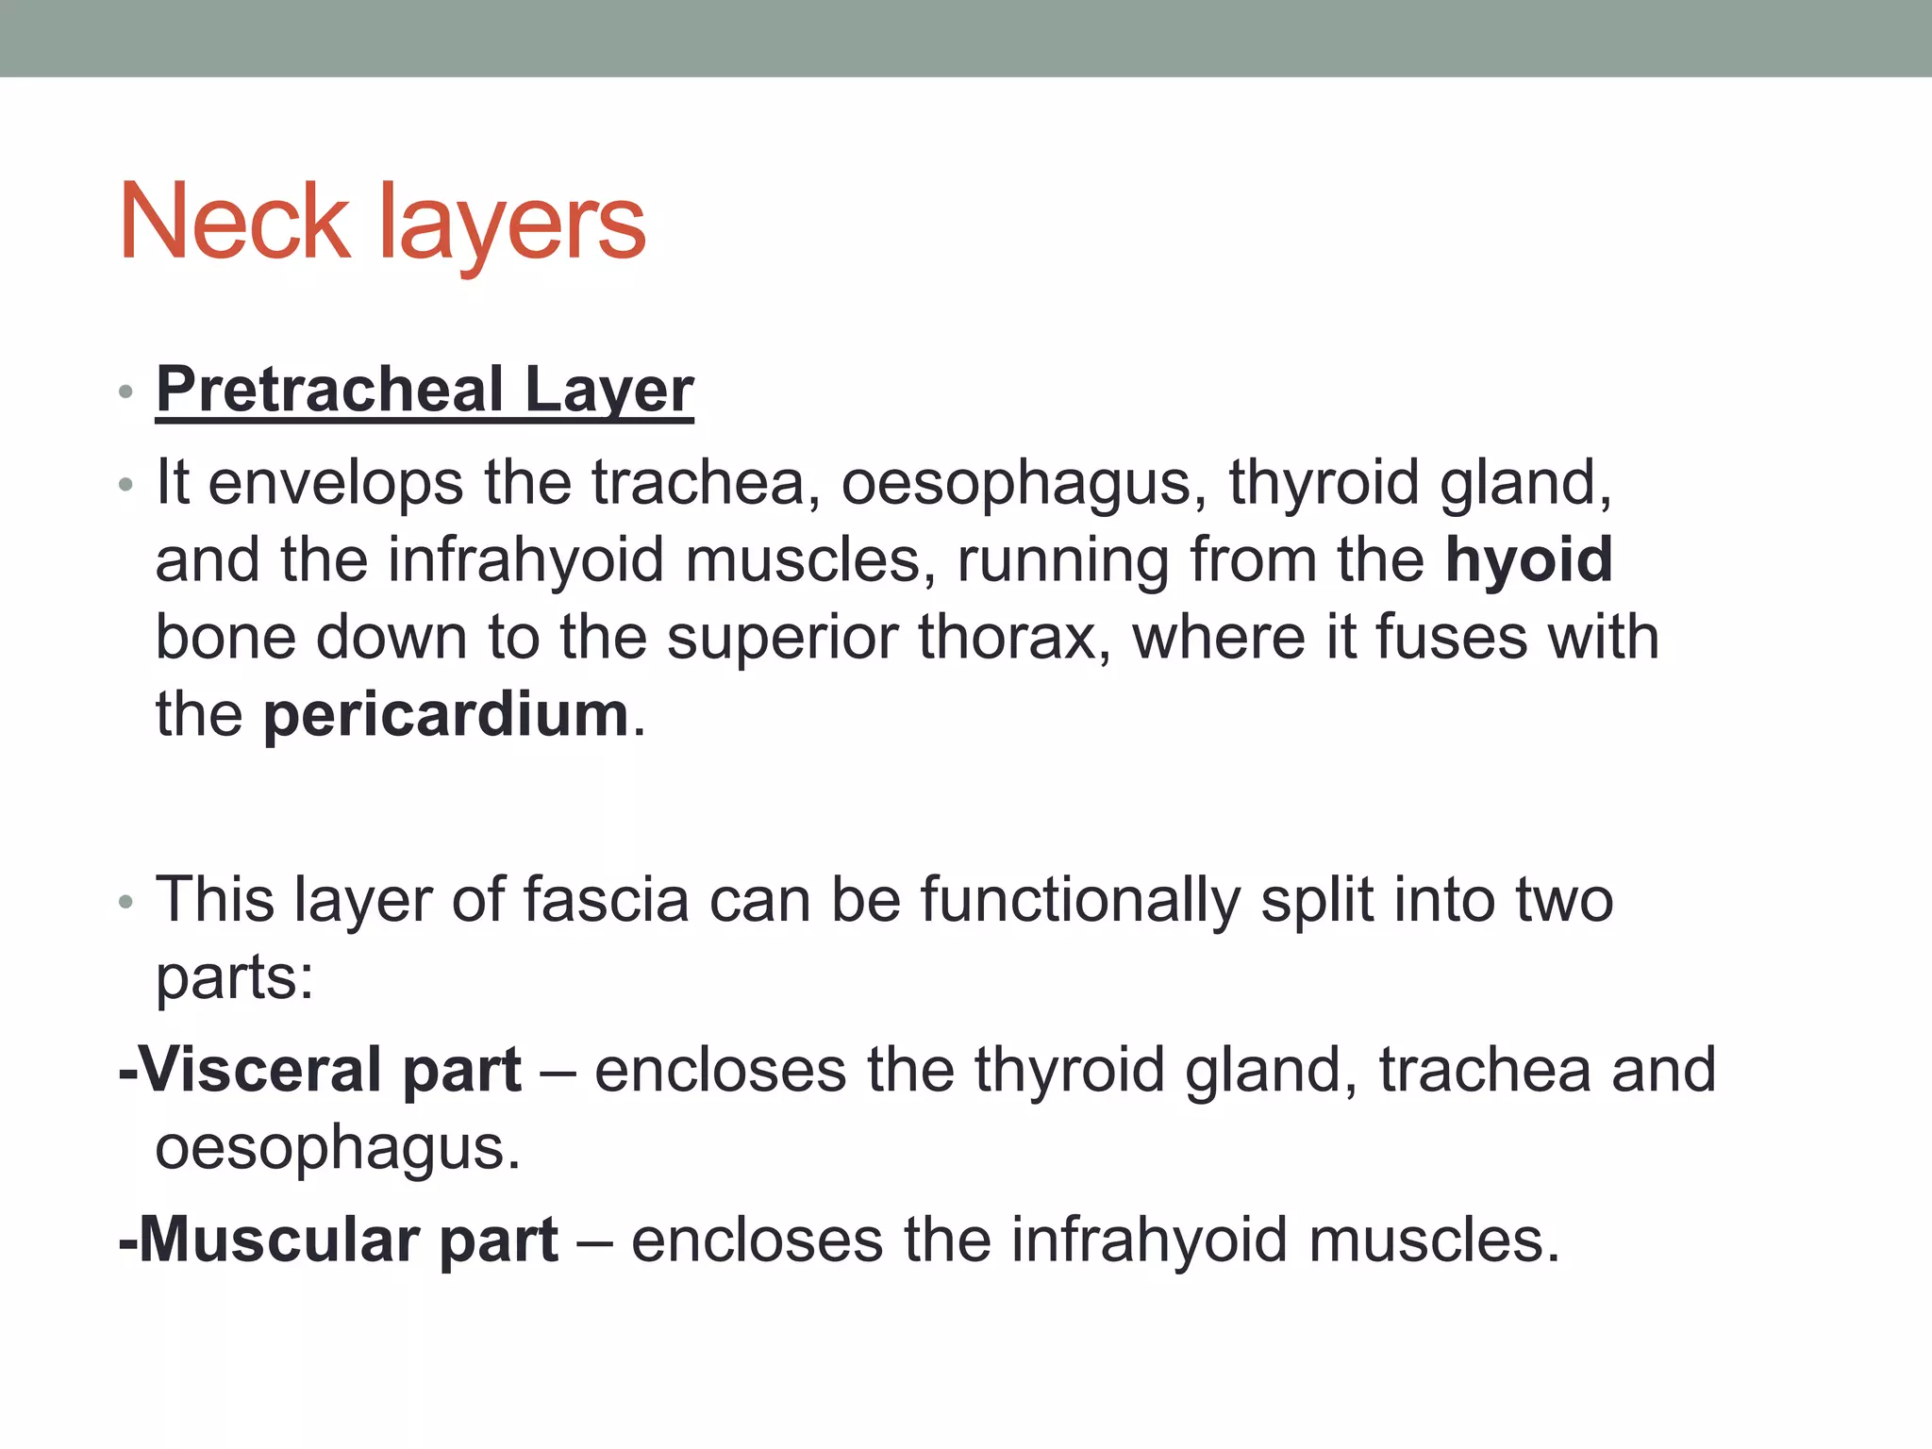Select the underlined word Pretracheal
pos(330,390)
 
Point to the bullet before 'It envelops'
pos(126,486)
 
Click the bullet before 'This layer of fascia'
pos(126,903)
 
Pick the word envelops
pos(335,484)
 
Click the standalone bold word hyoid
pos(1528,560)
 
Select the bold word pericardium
pos(445,715)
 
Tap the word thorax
pos(1008,638)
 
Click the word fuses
pos(1451,638)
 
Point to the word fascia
pos(606,900)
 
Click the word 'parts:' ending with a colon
pos(234,979)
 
